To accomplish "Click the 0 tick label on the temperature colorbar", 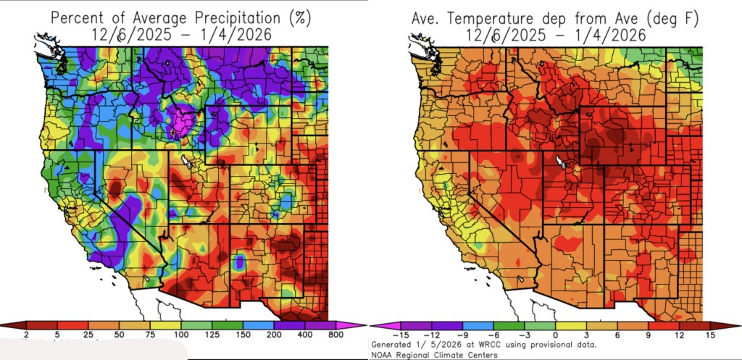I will click(x=556, y=335).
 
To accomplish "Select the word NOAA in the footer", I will click(x=382, y=354).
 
